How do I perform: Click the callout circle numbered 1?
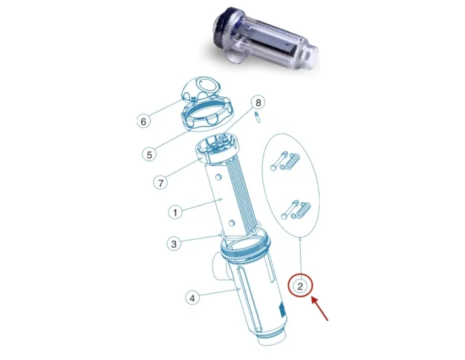click(175, 213)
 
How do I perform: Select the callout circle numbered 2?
click(301, 286)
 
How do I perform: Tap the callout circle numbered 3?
click(174, 244)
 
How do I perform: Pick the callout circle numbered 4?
click(193, 298)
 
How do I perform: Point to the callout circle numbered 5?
click(149, 154)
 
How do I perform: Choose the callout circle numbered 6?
click(143, 121)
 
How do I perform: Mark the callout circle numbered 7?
click(160, 183)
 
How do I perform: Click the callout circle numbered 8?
click(258, 103)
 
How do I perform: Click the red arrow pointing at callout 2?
click(320, 309)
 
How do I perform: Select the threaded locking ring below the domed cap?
click(208, 115)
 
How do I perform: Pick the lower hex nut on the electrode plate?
click(232, 223)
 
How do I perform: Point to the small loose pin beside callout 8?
click(257, 117)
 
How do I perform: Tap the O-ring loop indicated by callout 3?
click(241, 235)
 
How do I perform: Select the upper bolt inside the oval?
click(278, 160)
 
